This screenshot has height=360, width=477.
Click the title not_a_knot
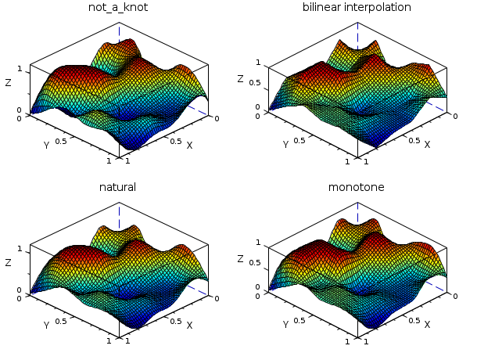click(117, 8)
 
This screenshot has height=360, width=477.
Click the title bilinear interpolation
click(357, 8)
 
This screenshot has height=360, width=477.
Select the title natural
click(117, 187)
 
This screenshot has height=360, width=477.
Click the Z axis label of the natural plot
click(9, 263)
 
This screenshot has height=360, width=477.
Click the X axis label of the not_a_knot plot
click(189, 145)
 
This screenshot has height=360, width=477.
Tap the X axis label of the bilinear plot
click(427, 145)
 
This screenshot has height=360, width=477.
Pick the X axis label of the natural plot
click(189, 325)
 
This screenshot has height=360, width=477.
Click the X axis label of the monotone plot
click(427, 325)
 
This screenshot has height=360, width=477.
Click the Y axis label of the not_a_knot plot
click(46, 145)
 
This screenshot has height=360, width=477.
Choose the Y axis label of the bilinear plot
click(285, 145)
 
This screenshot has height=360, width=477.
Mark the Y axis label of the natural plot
click(46, 325)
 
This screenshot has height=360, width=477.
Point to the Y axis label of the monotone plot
click(285, 325)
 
